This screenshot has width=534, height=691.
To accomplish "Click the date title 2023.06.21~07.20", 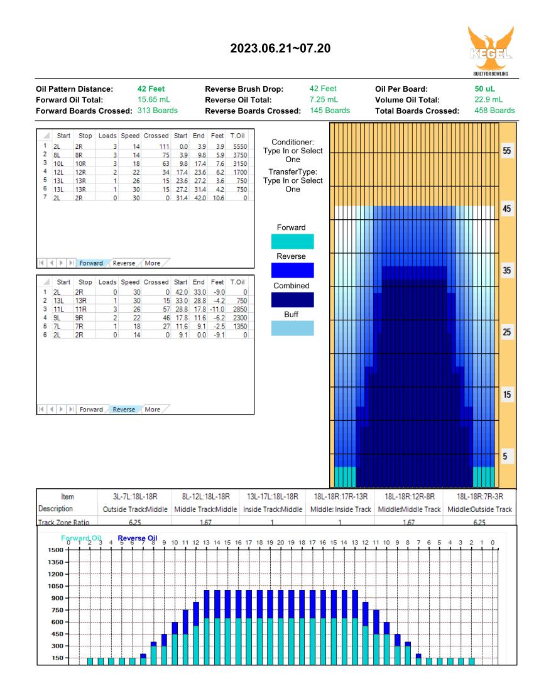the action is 280,48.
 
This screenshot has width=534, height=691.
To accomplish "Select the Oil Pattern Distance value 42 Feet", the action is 151,89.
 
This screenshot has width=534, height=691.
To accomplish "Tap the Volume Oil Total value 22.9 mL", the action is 488,100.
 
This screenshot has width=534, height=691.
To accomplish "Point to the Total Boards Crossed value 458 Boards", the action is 494,111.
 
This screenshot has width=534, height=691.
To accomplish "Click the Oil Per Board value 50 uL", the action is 484,89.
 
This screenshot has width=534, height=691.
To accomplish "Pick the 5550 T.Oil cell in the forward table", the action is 240,146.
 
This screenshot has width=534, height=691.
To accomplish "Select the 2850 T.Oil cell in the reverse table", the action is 240,309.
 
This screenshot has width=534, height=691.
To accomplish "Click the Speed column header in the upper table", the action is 130,136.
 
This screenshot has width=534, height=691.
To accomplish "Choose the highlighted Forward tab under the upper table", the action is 91,263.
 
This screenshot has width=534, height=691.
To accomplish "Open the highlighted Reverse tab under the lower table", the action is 124,410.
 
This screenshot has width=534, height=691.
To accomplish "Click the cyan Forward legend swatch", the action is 293,241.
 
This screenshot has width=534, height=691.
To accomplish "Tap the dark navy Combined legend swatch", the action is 293,300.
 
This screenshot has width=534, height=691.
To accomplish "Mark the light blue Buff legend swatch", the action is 293,329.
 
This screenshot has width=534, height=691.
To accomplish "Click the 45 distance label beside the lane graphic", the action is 507,209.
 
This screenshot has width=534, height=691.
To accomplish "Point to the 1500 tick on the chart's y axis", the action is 55,550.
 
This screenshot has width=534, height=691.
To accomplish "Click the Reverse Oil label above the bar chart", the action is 138,538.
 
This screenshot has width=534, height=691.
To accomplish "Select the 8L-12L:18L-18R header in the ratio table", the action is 206,497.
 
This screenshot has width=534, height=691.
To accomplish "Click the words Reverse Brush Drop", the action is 244,89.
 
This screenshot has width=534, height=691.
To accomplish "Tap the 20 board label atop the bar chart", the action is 281,543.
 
